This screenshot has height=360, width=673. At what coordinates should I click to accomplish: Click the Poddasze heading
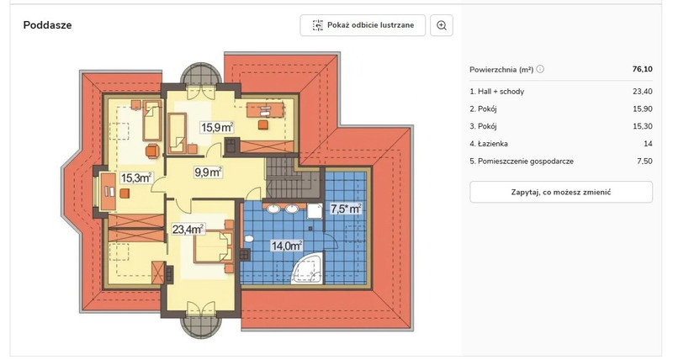[x=47, y=25]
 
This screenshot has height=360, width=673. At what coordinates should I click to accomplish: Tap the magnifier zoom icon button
[x=441, y=25]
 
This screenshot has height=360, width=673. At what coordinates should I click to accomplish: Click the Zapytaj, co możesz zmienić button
[x=561, y=193]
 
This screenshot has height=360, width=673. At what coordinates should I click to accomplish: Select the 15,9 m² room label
[x=217, y=127]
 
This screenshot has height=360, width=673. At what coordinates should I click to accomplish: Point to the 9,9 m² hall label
[x=208, y=172]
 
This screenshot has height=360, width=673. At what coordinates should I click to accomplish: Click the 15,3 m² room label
[x=136, y=177]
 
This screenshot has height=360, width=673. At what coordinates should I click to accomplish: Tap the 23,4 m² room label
[x=188, y=229]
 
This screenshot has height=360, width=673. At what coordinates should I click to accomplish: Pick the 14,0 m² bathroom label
[x=287, y=246]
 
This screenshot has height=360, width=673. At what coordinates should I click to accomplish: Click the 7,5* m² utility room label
[x=346, y=209]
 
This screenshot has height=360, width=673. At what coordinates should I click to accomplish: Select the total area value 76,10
[x=642, y=69]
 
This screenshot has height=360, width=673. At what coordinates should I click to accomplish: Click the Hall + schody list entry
[x=496, y=92]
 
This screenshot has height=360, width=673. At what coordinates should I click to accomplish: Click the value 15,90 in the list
[x=643, y=109]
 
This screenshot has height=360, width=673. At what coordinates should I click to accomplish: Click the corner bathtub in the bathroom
[x=306, y=268]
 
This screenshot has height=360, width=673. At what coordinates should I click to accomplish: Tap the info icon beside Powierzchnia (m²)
[x=540, y=69]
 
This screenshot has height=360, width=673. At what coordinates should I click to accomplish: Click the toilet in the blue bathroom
[x=248, y=238]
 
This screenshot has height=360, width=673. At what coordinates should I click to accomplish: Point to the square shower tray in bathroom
[x=315, y=210]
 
